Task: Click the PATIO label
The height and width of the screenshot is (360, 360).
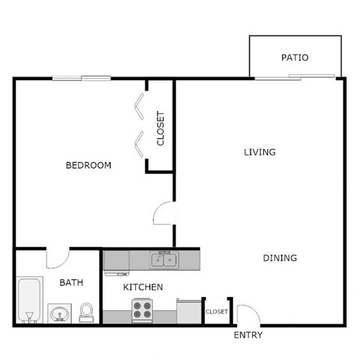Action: coord(295,57)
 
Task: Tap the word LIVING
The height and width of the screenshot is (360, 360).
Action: coord(259,152)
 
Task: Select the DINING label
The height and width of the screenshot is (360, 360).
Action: coord(280,258)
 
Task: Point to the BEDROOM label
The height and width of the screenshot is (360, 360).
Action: coord(88,165)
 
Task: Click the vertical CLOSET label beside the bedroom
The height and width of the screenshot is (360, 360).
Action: coord(160,128)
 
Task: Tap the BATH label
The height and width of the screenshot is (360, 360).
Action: coord(71,283)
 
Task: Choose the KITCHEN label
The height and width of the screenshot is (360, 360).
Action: coord(143,287)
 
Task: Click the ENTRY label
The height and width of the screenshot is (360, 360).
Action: coord(248,335)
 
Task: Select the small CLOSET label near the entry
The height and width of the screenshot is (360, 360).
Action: coord(217,311)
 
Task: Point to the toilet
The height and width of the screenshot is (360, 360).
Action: coord(87,312)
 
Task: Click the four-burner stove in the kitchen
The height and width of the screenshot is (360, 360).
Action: coord(142,310)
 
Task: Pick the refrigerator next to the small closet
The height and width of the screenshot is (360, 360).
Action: coord(189,310)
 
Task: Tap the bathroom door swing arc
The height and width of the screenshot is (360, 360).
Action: coord(57,259)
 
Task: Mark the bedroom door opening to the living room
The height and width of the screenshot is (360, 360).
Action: coord(164,214)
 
